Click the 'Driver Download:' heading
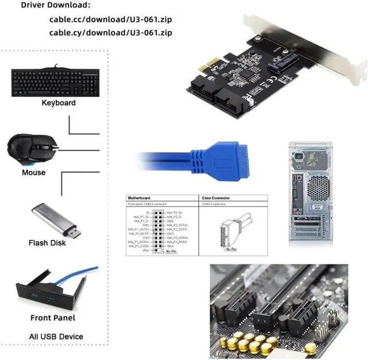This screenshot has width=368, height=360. [x=55, y=5]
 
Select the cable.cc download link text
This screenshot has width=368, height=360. [x=110, y=19]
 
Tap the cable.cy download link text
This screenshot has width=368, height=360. [x=110, y=32]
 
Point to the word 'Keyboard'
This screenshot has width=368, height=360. [x=59, y=103]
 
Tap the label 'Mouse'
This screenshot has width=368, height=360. [x=33, y=173]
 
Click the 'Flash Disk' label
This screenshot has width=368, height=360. [x=47, y=243]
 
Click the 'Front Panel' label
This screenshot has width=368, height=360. [x=53, y=317]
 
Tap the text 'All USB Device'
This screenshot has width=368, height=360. [x=56, y=336]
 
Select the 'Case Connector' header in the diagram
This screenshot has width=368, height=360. [x=216, y=197]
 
